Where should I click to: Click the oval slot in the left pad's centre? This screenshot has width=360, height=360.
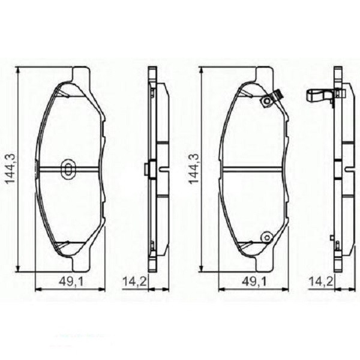[x=67, y=169]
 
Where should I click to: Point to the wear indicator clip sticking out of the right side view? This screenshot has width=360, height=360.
[x=318, y=94]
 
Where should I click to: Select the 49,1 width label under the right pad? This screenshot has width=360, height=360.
[x=251, y=280]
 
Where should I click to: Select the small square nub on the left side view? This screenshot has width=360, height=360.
[x=146, y=169]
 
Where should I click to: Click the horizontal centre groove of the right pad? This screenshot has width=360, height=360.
[x=252, y=169]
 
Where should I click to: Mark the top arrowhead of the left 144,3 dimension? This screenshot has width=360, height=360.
[x=19, y=70]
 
